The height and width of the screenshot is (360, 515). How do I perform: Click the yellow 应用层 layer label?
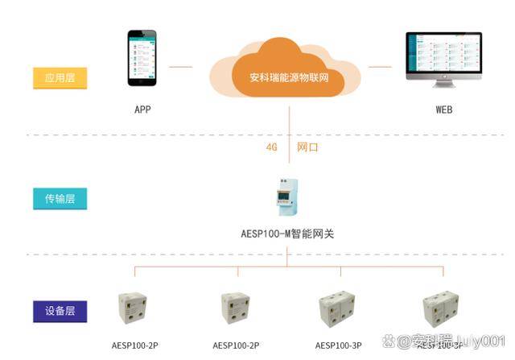(x=60, y=78)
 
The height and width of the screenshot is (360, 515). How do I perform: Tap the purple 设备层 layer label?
(x=60, y=310)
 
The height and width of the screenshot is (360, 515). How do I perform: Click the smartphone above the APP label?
(x=142, y=58)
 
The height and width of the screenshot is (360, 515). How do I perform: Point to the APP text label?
(x=142, y=109)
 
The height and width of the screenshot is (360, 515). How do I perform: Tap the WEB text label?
(x=443, y=109)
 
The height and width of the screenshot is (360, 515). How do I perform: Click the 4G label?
(x=271, y=147)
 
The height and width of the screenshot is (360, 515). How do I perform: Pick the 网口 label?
(x=307, y=147)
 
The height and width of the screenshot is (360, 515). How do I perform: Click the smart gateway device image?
(x=287, y=197)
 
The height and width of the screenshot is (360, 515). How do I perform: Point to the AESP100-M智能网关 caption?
(x=287, y=234)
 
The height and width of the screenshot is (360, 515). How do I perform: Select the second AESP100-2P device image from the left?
(x=236, y=307)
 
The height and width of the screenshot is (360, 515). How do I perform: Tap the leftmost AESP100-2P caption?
(x=134, y=346)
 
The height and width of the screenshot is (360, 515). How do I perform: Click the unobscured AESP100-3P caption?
(x=339, y=346)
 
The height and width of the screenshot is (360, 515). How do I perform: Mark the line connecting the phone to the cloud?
(x=182, y=67)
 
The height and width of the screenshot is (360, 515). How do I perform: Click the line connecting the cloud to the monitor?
(x=380, y=67)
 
